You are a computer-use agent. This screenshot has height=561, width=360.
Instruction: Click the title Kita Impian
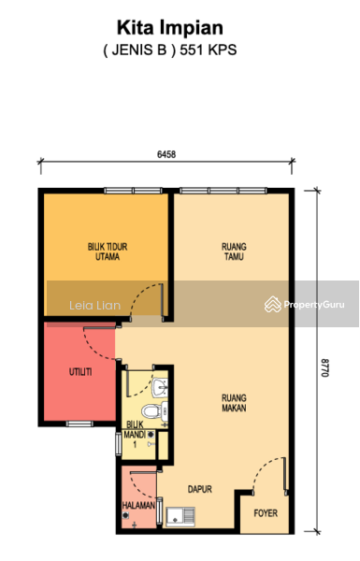click(x=170, y=28)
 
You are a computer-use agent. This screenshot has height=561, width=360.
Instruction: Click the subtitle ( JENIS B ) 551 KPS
click(x=170, y=50)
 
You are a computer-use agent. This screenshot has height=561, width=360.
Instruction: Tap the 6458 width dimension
click(x=166, y=154)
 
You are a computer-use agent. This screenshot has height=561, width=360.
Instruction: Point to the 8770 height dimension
click(x=324, y=367)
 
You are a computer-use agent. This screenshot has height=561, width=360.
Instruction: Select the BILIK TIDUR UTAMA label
click(x=108, y=252)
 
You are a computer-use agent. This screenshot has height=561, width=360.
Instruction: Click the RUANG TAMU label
click(x=234, y=252)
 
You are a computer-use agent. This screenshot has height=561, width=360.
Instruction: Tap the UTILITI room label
click(x=80, y=372)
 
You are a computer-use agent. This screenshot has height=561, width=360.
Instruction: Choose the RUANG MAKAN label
click(x=234, y=403)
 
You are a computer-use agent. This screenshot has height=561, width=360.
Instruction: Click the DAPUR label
click(x=200, y=489)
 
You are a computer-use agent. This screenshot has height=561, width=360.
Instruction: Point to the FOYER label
click(x=266, y=513)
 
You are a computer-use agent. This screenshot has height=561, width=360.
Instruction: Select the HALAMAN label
click(x=138, y=505)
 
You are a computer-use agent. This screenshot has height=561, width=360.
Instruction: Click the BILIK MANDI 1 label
click(x=135, y=435)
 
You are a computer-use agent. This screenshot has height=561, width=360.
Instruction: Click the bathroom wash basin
click(x=160, y=387)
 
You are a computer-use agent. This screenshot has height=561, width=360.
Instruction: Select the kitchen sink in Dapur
click(x=180, y=517)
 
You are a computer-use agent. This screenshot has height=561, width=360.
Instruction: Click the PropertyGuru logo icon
click(x=273, y=304)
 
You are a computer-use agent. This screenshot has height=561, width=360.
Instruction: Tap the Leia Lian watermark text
click(x=94, y=305)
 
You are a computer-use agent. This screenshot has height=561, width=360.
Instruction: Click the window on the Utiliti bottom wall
click(x=79, y=424)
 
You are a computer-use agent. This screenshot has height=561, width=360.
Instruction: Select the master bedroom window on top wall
click(x=133, y=191)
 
